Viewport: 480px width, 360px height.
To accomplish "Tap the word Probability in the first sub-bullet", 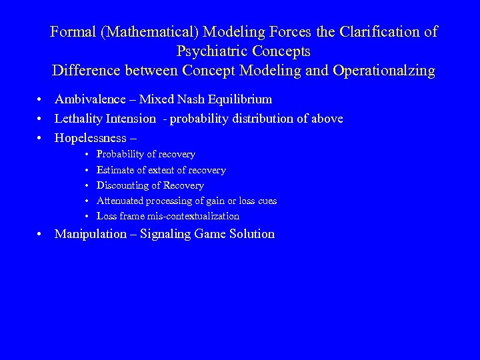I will click(x=121, y=155).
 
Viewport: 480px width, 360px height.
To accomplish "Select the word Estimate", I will click(x=116, y=170).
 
